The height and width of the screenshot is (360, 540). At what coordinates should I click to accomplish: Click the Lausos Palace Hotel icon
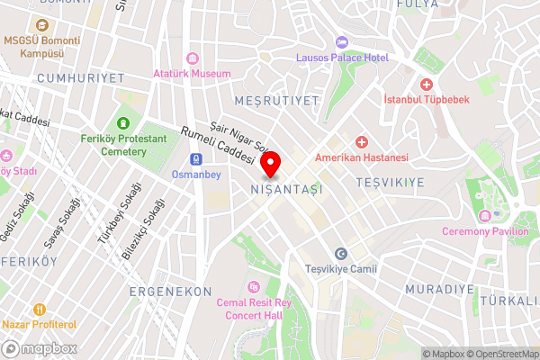tap(341, 42)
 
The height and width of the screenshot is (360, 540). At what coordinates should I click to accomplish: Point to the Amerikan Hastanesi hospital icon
tap(361, 142)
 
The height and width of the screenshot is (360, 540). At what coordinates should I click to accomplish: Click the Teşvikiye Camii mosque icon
tap(340, 254)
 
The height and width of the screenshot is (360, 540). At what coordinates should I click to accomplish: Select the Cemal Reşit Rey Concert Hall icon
tap(253, 287)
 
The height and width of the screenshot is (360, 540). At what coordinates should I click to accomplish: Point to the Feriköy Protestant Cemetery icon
tap(121, 123)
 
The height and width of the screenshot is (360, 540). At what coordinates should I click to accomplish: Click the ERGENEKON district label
tap(170, 292)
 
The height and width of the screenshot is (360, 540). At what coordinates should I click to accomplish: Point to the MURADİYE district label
tap(439, 289)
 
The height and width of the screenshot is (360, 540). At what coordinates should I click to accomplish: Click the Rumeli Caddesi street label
tap(219, 143)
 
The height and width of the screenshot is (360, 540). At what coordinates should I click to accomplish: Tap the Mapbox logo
tap(37, 348)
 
